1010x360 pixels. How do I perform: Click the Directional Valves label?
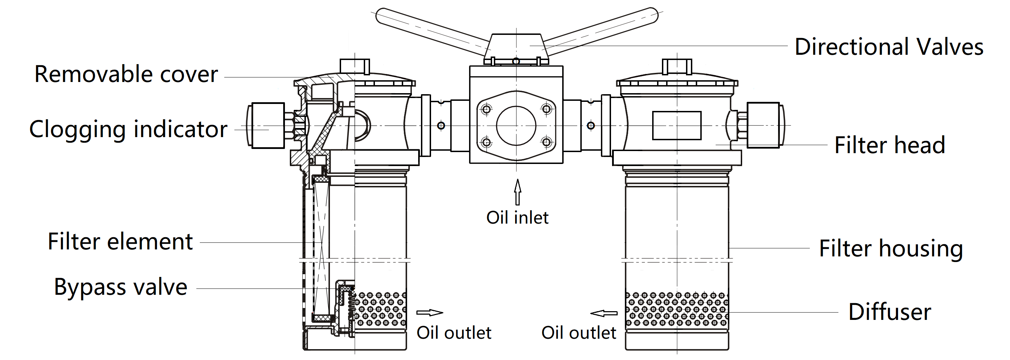coord(888,47)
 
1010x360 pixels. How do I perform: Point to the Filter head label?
coord(889,145)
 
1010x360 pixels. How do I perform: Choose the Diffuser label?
coord(889,312)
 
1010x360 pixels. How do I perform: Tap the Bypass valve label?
coord(121,287)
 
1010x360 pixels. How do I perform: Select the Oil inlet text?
coord(517,218)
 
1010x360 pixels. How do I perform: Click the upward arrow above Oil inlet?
coord(518,192)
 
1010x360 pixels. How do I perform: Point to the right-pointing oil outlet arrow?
coord(429,313)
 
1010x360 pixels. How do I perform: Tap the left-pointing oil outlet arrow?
coord(604,313)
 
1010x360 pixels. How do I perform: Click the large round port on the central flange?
coord(516,126)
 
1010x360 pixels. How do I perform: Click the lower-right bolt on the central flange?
coord(547,142)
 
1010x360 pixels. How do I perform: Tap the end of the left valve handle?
coord(382,16)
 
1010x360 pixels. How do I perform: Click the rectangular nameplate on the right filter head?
coord(677,126)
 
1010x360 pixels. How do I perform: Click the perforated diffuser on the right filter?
coord(677,309)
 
